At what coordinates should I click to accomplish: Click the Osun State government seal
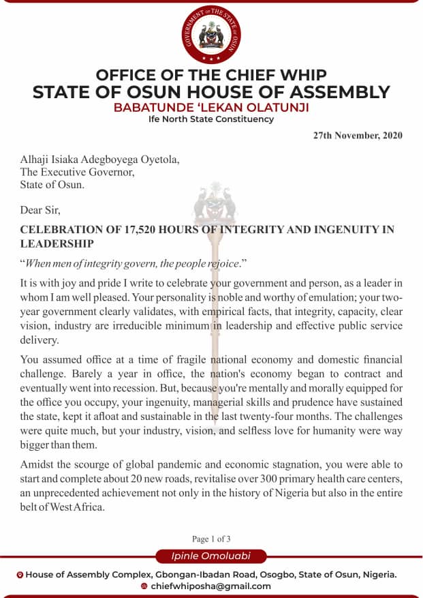[211, 31]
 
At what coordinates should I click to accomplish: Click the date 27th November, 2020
[358, 135]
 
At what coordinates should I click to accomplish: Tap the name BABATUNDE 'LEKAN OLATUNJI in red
[210, 108]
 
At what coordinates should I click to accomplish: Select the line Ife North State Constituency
[211, 119]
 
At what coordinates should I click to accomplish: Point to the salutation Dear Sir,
[40, 211]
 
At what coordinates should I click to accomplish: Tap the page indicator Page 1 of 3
[211, 539]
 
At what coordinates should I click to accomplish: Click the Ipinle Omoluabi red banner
[211, 556]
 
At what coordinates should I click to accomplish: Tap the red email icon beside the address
[144, 586]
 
